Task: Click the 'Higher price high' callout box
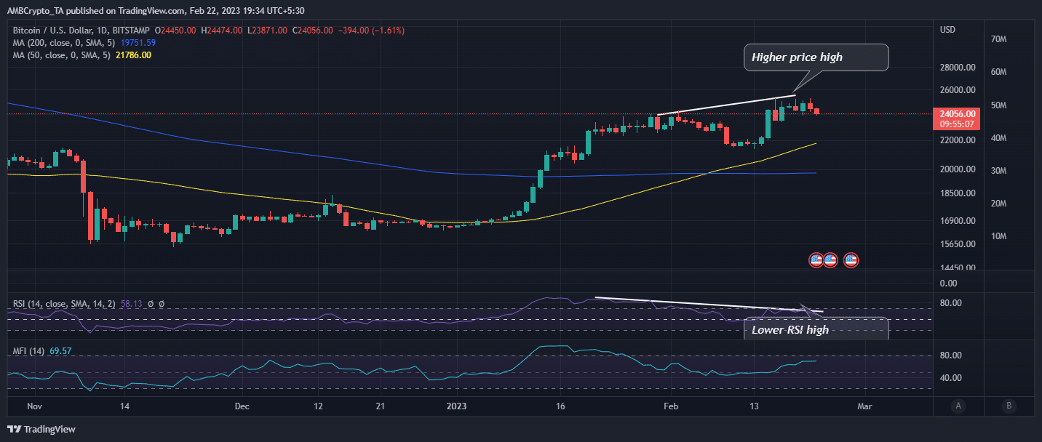816,57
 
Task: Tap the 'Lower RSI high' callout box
816,329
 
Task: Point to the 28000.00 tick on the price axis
958,68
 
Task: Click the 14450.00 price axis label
958,268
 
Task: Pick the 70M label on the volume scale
998,39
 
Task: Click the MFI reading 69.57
60,351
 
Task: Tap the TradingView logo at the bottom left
42,430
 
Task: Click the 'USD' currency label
948,30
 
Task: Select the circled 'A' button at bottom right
959,406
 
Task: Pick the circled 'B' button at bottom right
1009,406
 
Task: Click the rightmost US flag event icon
851,260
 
